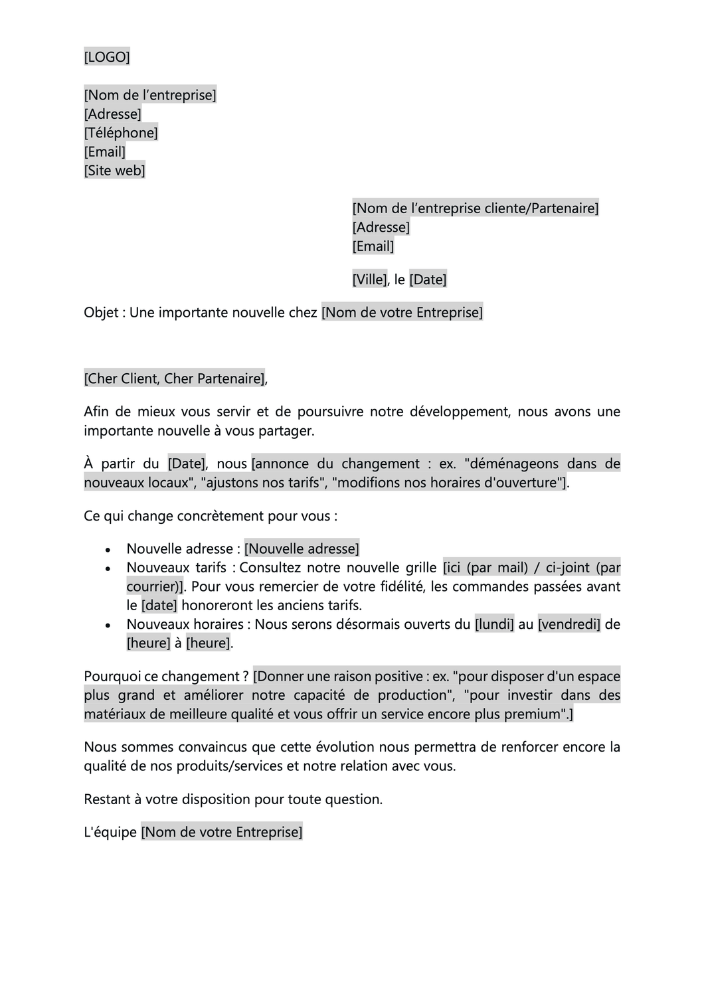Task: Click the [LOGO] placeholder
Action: click(x=107, y=57)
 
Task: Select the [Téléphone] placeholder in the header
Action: click(x=121, y=133)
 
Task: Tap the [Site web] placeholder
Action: click(x=114, y=171)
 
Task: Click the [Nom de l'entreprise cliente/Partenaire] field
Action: click(x=475, y=208)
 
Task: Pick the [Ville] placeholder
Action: click(x=369, y=280)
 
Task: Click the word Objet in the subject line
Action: click(x=101, y=313)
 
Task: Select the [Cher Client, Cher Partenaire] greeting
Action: click(x=174, y=379)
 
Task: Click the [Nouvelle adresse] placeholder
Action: click(x=302, y=549)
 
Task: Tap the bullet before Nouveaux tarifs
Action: click(x=108, y=569)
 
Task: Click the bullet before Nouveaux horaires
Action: click(x=108, y=625)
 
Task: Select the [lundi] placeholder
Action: click(x=494, y=625)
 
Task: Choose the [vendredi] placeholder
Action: click(x=569, y=625)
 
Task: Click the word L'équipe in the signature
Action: click(x=110, y=833)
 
